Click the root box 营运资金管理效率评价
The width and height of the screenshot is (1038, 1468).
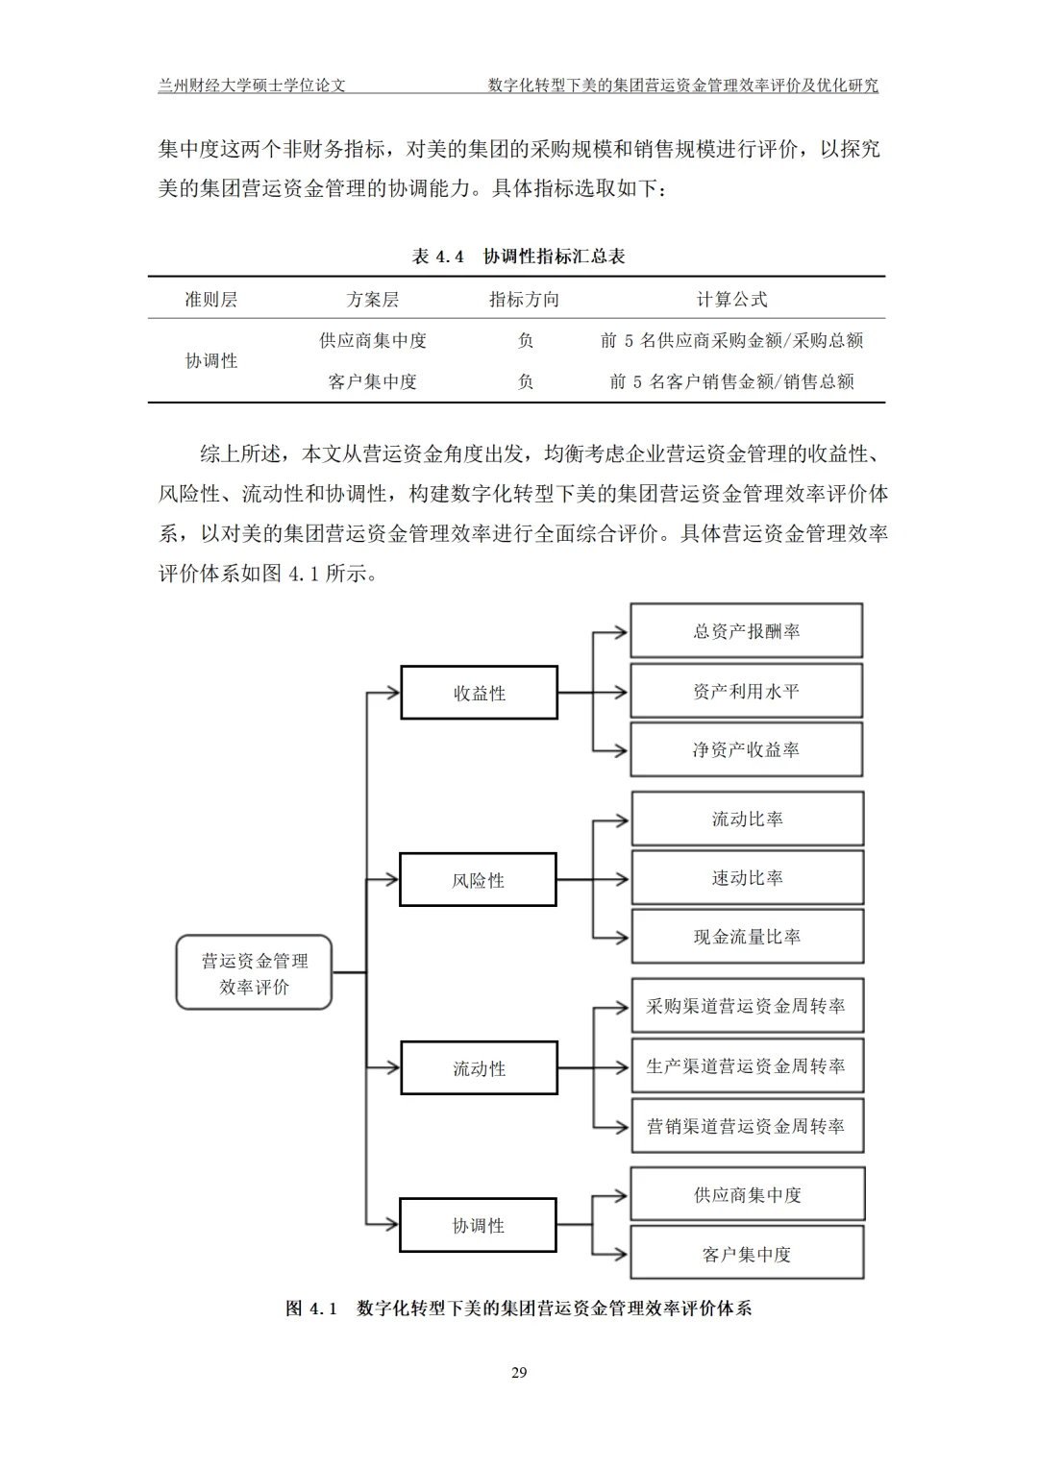pos(254,972)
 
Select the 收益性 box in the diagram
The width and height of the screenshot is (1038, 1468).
pos(479,693)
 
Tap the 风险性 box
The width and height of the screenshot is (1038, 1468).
pos(478,879)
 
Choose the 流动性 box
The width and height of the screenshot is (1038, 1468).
pos(479,1067)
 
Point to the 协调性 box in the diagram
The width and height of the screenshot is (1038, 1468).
pos(478,1225)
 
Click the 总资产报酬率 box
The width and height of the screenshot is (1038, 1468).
pos(746,630)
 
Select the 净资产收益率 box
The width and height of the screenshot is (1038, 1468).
pos(746,749)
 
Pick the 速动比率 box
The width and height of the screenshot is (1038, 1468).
pos(747,877)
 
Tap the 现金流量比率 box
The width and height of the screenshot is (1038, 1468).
pos(747,937)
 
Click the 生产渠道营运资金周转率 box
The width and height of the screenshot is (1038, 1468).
pos(747,1065)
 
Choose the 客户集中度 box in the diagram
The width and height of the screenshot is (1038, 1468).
pos(747,1254)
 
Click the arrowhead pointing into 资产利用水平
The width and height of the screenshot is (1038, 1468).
pos(621,692)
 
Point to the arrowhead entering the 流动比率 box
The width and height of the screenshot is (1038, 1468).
pos(622,820)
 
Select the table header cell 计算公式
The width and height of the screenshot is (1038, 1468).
pos(731,299)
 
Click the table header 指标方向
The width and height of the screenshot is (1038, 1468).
pos(524,299)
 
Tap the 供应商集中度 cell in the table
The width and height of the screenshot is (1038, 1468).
pos(373,340)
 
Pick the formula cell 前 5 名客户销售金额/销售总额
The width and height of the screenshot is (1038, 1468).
pos(731,381)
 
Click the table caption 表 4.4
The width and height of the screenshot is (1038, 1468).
pos(438,257)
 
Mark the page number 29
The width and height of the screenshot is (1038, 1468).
pos(519,1372)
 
